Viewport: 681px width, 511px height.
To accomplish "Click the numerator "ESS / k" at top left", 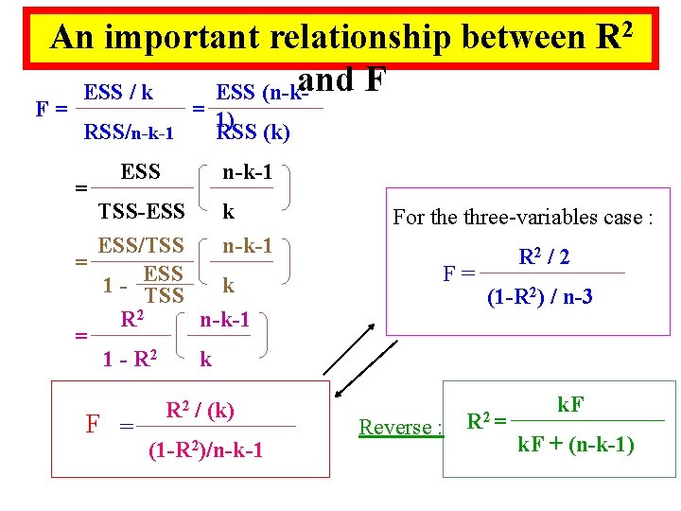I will (x=119, y=93).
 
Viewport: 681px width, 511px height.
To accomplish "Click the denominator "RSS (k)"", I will (x=253, y=133).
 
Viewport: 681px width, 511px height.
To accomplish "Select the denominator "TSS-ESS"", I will (x=141, y=214).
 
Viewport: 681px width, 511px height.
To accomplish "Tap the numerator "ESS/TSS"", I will (x=141, y=246).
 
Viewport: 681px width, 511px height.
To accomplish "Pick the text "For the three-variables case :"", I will (x=523, y=217).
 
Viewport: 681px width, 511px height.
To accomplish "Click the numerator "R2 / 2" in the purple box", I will (x=544, y=256).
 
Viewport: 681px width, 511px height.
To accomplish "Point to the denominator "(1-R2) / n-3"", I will (x=540, y=296).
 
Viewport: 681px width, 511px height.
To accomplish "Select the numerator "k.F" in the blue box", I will (x=570, y=404).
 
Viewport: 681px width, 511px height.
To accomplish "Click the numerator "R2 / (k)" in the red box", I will (x=200, y=410).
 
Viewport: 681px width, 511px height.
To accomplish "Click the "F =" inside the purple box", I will (x=460, y=275).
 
